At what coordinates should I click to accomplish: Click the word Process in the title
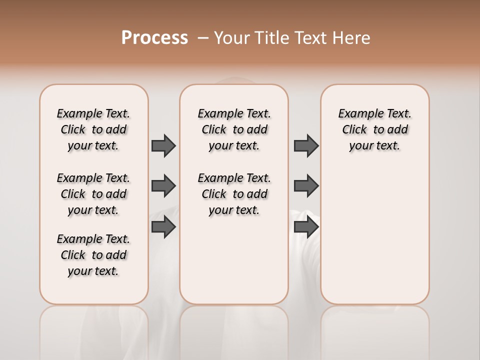pyautogui.click(x=154, y=37)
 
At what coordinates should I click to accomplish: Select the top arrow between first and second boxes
pyautogui.click(x=163, y=145)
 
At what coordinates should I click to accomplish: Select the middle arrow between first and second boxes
pyautogui.click(x=163, y=186)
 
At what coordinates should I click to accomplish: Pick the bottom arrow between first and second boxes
pyautogui.click(x=163, y=227)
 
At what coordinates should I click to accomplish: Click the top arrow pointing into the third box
pyautogui.click(x=306, y=145)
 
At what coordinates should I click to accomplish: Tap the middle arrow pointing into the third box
pyautogui.click(x=306, y=186)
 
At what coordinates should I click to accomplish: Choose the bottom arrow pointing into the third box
pyautogui.click(x=306, y=227)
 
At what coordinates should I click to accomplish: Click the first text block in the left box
pyautogui.click(x=93, y=129)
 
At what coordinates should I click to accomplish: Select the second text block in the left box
pyautogui.click(x=93, y=194)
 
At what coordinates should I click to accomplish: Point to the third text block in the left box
pyautogui.click(x=93, y=255)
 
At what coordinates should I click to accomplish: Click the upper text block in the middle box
pyautogui.click(x=234, y=129)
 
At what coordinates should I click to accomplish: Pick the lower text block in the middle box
pyautogui.click(x=234, y=194)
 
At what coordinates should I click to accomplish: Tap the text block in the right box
pyautogui.click(x=374, y=129)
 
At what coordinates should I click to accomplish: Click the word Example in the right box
pyautogui.click(x=358, y=114)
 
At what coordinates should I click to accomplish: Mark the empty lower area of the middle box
pyautogui.click(x=234, y=260)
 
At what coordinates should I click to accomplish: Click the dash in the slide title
pyautogui.click(x=202, y=38)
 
